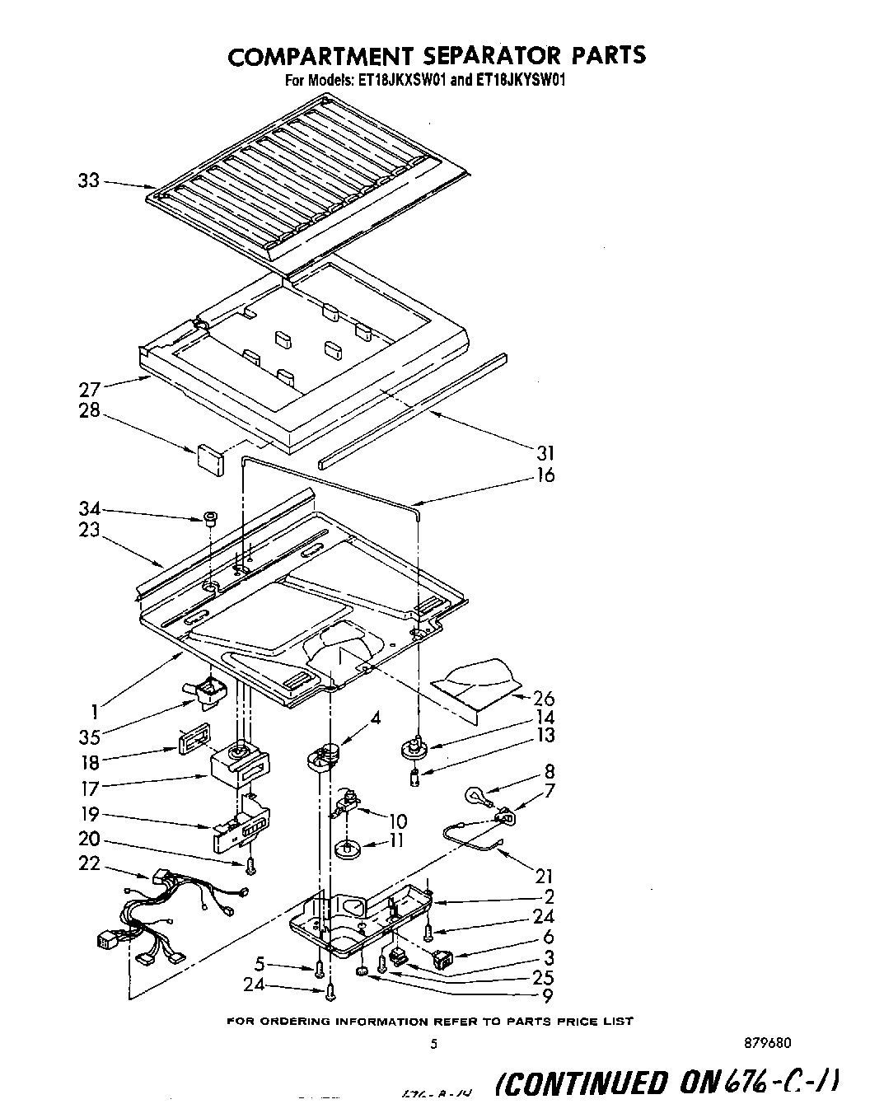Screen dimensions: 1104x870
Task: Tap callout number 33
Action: coord(88,180)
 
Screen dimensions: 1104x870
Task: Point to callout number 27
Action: coord(89,390)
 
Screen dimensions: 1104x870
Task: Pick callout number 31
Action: coord(545,453)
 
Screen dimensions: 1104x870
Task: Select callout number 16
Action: coord(545,475)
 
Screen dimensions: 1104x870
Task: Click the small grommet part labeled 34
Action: coord(210,518)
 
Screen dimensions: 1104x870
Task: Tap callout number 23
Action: coord(89,531)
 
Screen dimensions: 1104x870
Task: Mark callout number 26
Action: coord(545,699)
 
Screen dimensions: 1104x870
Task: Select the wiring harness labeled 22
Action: coord(173,915)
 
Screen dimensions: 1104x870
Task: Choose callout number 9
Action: coord(548,995)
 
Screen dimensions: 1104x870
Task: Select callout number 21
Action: coord(544,877)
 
